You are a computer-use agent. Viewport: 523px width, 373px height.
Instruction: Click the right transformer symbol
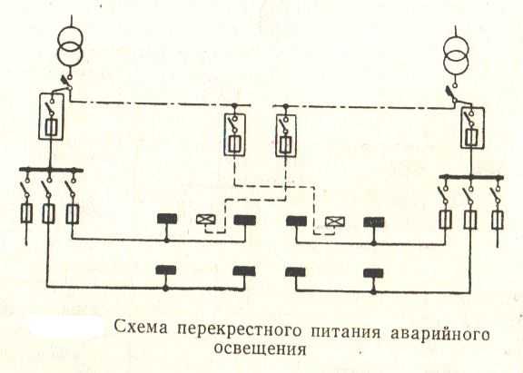(456, 55)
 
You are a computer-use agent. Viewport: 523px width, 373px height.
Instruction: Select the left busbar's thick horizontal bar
(51, 170)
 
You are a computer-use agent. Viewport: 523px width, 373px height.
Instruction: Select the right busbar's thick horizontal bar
(471, 177)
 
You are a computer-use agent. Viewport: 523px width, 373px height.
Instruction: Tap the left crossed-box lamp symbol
(206, 220)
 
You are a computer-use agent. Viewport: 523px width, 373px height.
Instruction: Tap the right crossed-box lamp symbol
(335, 221)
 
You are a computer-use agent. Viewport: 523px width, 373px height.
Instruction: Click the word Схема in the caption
(141, 328)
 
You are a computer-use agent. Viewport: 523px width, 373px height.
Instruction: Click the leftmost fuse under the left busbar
(26, 213)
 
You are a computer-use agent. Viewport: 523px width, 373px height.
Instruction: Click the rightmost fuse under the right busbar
(498, 220)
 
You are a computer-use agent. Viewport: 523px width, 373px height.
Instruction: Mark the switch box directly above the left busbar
(52, 117)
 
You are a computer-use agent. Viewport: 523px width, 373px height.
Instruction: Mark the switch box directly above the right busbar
(472, 128)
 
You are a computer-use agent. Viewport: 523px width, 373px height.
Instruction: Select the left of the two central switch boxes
(235, 134)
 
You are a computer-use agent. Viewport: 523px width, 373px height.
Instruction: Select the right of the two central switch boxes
(286, 135)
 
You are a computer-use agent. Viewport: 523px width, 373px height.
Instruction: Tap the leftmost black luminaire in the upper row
(167, 219)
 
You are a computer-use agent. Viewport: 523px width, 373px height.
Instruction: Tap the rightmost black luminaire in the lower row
(373, 273)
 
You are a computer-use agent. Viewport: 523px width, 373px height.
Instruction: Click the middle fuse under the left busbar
(49, 213)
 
